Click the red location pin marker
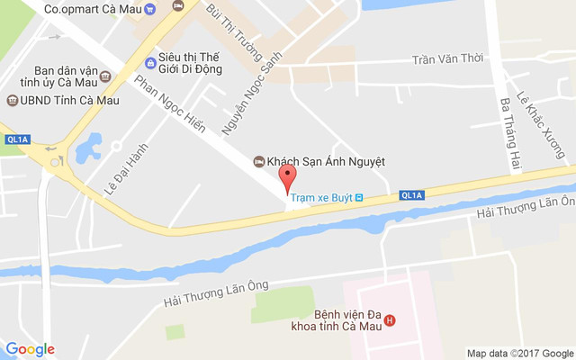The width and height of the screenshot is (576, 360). click(x=287, y=177)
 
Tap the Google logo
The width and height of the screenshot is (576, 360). click(x=30, y=349)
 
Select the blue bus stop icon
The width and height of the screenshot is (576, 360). click(x=358, y=197)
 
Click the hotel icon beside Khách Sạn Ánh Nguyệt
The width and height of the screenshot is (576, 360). click(x=259, y=161)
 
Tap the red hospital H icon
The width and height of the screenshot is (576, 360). click(x=390, y=319)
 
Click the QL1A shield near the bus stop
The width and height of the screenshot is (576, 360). click(x=411, y=194)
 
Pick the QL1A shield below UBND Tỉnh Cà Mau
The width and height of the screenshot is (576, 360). click(x=17, y=139)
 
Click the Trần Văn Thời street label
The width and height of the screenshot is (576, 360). click(x=447, y=59)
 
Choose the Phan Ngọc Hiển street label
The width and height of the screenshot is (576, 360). click(x=166, y=107)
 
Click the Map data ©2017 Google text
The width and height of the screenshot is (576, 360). click(x=519, y=352)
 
